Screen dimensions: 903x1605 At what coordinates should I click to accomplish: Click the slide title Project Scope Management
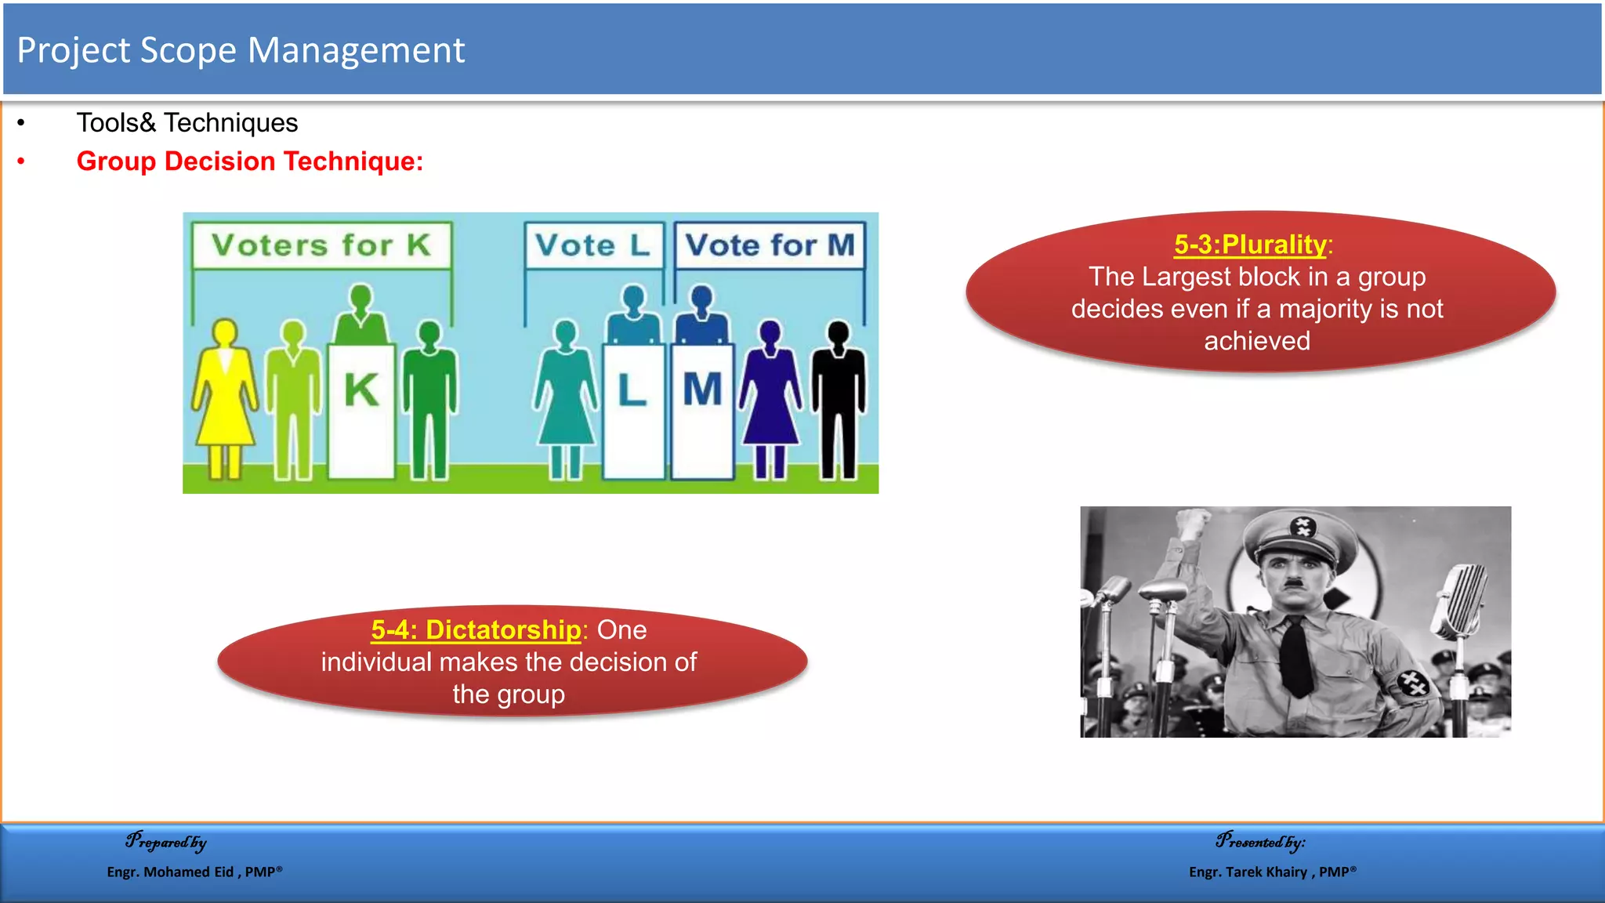241,51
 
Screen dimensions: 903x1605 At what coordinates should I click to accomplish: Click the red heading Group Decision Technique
249,161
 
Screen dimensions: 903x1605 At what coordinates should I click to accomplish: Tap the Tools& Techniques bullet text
187,123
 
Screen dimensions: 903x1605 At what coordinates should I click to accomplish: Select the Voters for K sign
321,245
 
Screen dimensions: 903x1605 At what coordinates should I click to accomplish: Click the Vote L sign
593,245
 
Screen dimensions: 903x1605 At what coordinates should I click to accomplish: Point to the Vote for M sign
770,245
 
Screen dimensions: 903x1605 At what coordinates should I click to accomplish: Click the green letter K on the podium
361,390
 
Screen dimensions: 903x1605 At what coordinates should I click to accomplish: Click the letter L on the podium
632,390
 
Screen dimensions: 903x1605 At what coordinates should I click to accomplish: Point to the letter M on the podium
702,390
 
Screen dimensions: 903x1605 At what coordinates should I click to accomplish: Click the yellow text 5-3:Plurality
1249,245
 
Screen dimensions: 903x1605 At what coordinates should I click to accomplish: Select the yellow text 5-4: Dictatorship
476,629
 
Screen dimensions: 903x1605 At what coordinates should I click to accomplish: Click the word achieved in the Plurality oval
1257,341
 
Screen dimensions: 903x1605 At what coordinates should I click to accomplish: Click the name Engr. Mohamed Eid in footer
170,872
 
